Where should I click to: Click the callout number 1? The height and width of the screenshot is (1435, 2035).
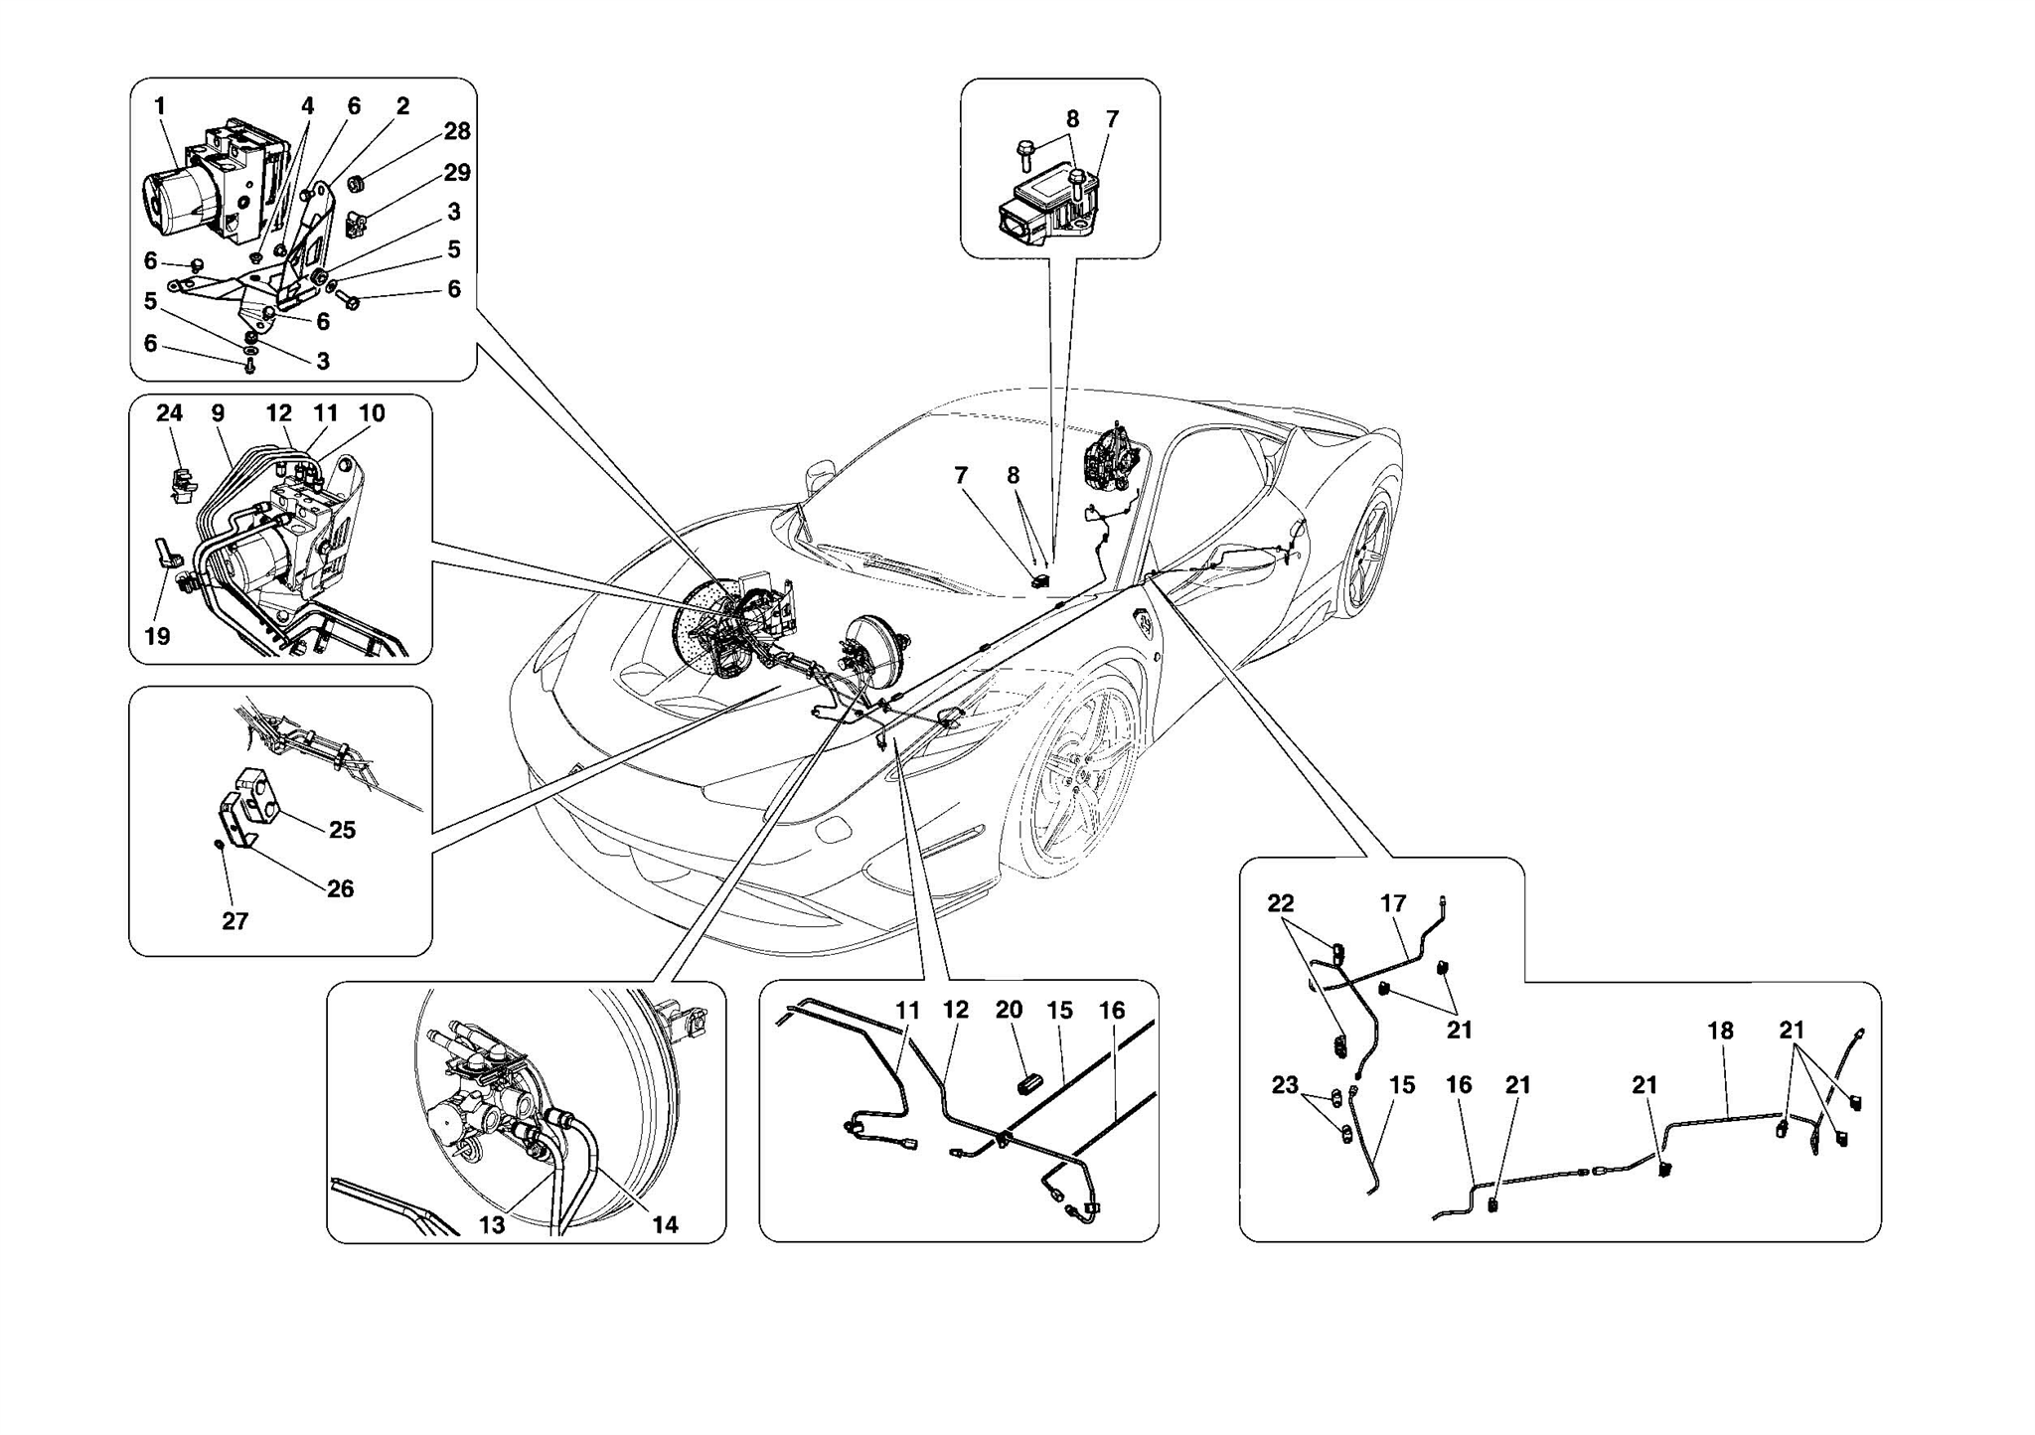pyautogui.click(x=160, y=105)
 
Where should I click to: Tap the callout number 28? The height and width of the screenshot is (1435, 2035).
pyautogui.click(x=457, y=131)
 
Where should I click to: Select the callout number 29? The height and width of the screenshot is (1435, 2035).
pyautogui.click(x=457, y=173)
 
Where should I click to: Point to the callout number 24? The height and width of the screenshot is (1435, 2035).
pyautogui.click(x=170, y=412)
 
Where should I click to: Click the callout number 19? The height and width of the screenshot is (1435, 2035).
pyautogui.click(x=158, y=636)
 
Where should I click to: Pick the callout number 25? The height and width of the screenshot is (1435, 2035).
pyautogui.click(x=342, y=830)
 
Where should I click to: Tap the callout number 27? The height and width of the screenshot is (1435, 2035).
pyautogui.click(x=235, y=921)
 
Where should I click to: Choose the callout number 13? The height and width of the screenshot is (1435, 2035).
pyautogui.click(x=492, y=1225)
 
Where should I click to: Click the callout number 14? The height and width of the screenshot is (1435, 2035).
pyautogui.click(x=665, y=1225)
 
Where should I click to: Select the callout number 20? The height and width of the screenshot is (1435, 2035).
pyautogui.click(x=1009, y=1010)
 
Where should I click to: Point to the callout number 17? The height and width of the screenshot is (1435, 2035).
pyautogui.click(x=1393, y=903)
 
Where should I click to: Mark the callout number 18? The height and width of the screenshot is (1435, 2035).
pyautogui.click(x=1720, y=1031)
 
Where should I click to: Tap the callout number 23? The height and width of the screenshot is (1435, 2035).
pyautogui.click(x=1285, y=1085)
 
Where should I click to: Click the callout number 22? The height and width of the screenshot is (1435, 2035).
pyautogui.click(x=1281, y=903)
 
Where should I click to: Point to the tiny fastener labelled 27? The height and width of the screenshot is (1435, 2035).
pyautogui.click(x=219, y=845)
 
